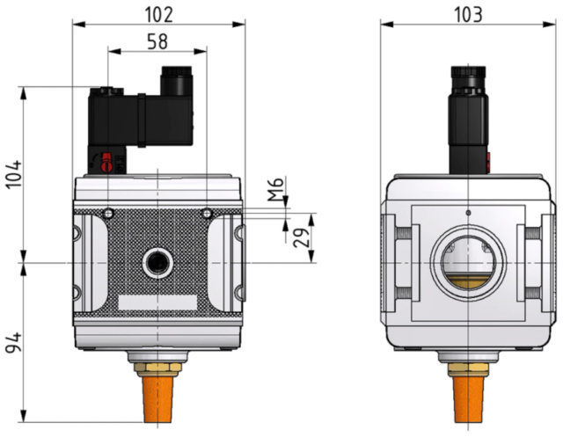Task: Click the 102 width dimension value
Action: coord(158,15)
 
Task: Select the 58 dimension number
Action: coord(157,41)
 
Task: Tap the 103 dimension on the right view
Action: coord(468,15)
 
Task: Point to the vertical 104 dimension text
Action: coord(14,174)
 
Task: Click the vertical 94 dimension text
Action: coord(14,343)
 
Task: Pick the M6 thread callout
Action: coord(276,190)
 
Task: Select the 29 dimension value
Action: coord(301,238)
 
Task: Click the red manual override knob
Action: coord(106,163)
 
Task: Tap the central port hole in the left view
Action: coord(157,264)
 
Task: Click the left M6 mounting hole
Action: coord(108,214)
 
